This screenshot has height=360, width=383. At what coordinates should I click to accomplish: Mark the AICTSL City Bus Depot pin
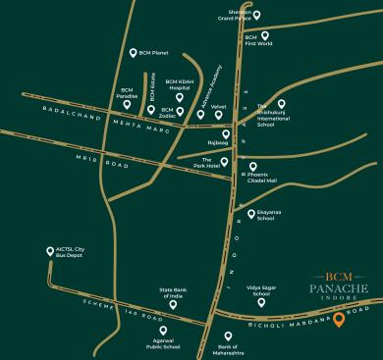click(50, 250)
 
